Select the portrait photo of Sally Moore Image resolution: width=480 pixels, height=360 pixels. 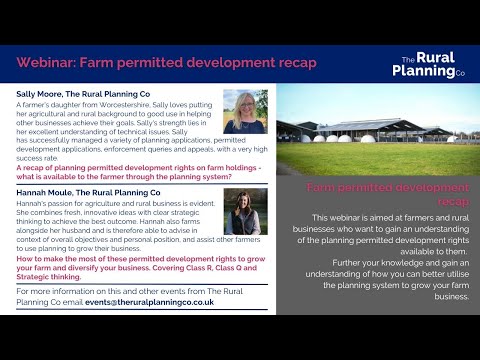(x=245, y=113)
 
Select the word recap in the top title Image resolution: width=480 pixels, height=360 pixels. (x=296, y=63)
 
